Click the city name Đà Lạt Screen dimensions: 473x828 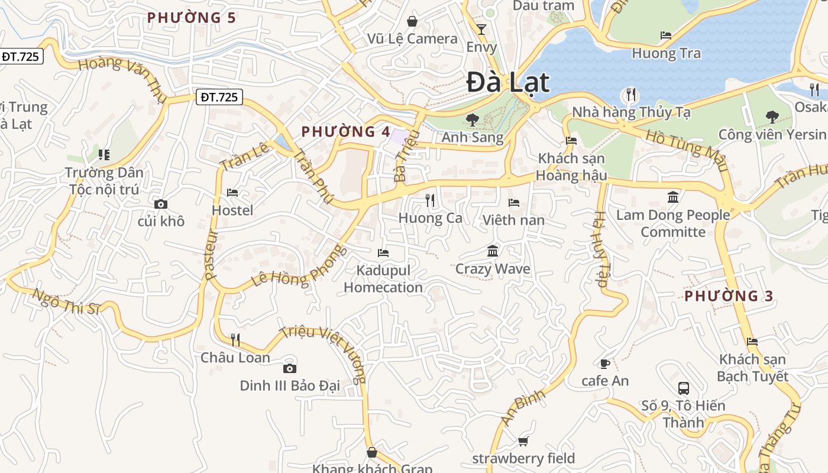coord(508,82)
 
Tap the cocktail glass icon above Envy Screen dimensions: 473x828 coord(481,29)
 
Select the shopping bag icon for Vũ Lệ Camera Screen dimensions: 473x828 coord(412,21)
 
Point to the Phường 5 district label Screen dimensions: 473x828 coord(192,18)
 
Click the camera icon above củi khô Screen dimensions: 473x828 coord(160,205)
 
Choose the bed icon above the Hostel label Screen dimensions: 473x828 coord(232,193)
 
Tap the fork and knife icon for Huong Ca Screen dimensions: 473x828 coord(430,200)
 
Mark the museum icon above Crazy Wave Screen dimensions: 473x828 coord(493,251)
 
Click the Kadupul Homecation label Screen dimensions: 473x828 coord(383,279)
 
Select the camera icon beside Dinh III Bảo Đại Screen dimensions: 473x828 coord(289,368)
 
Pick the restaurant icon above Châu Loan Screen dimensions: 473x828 coord(235,339)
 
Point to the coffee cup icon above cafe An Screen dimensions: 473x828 coord(604,364)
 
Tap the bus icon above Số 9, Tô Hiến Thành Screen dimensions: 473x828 coord(684,388)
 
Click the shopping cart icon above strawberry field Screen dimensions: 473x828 coord(523,441)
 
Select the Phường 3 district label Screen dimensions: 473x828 coord(729,296)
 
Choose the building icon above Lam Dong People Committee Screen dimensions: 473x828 coord(673,197)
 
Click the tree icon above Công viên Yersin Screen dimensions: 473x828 coord(772,117)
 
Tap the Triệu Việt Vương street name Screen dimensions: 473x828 coord(324,353)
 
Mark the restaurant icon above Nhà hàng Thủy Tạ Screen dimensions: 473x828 coord(631,95)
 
